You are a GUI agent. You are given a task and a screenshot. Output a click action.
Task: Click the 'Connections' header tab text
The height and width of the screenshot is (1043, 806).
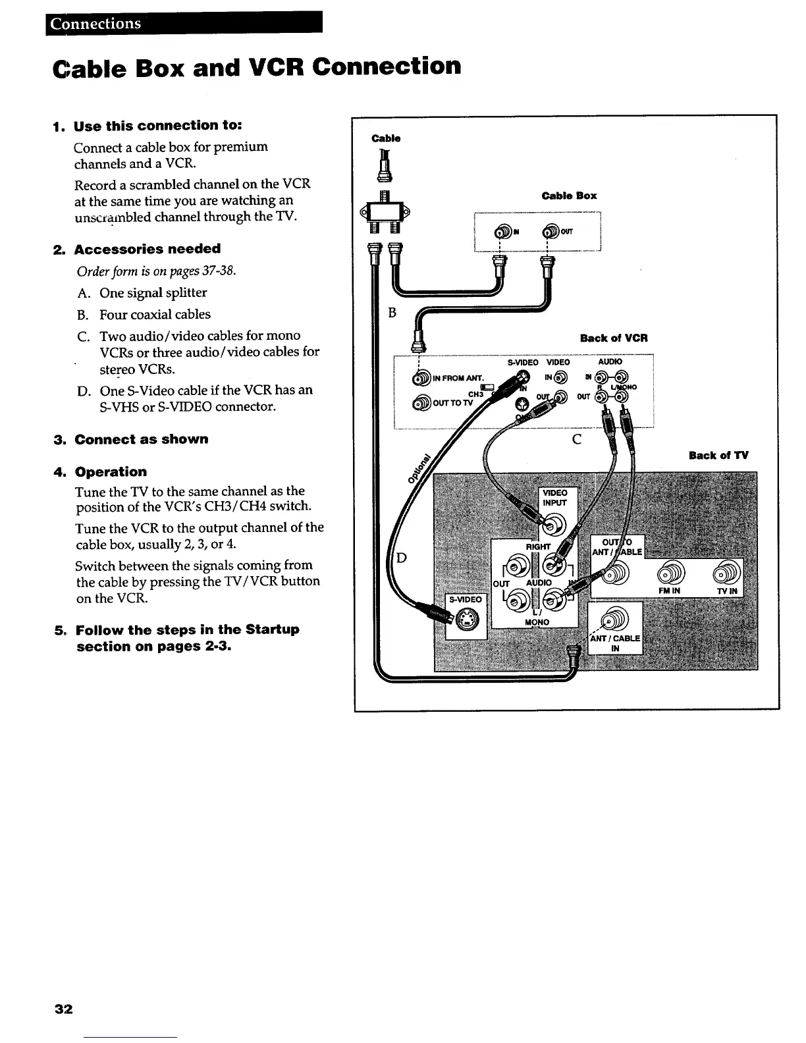pyautogui.click(x=96, y=24)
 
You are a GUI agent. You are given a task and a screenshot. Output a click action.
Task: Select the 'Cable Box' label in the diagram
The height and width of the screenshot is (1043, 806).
pyautogui.click(x=568, y=196)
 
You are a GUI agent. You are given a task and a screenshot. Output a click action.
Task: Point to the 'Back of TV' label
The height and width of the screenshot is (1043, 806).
pyautogui.click(x=718, y=455)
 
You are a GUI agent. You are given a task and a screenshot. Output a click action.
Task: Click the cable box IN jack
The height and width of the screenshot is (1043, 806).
pyautogui.click(x=504, y=231)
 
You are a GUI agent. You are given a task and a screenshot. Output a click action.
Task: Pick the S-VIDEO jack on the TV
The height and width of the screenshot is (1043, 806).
pyautogui.click(x=466, y=618)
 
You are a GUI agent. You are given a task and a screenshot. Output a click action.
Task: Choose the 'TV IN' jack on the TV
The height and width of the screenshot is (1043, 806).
pyautogui.click(x=726, y=572)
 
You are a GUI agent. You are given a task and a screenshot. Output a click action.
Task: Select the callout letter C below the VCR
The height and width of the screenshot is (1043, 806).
pyautogui.click(x=576, y=440)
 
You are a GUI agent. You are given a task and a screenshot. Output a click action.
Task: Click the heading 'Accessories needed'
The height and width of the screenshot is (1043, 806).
pyautogui.click(x=148, y=249)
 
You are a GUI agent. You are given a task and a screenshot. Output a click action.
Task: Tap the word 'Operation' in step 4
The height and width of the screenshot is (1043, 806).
pyautogui.click(x=111, y=471)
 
